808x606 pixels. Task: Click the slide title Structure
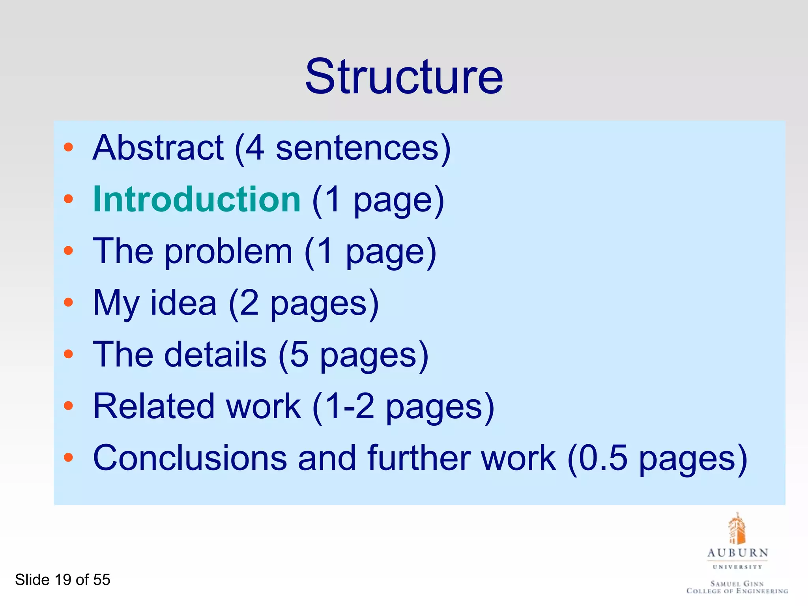[x=404, y=77]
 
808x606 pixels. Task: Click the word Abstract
[x=158, y=148]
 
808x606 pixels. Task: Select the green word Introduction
[x=197, y=199]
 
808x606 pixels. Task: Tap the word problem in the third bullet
[x=228, y=252]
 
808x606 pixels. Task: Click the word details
[x=215, y=355]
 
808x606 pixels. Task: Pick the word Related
[x=154, y=406]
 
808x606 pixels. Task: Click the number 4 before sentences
[x=254, y=148]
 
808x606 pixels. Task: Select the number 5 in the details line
[x=299, y=355]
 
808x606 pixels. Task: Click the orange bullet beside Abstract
[x=69, y=148]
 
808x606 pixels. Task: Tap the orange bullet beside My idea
[x=69, y=303]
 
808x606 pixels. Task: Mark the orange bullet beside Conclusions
[x=69, y=458]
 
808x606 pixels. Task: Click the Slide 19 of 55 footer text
[x=63, y=580]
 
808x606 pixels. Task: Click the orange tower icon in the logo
[x=737, y=529]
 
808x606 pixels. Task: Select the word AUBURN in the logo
[x=737, y=553]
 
